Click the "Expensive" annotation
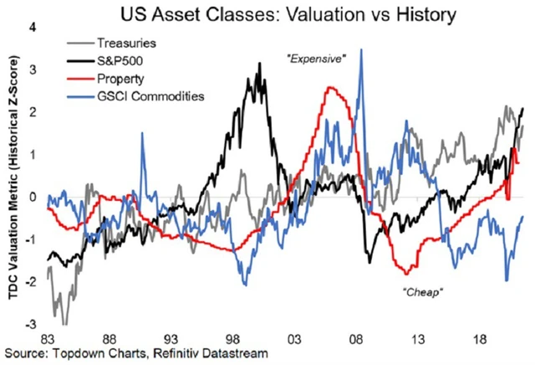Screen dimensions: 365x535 tap(316, 59)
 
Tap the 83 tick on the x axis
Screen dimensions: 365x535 tap(48, 338)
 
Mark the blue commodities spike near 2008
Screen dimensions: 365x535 tap(360, 49)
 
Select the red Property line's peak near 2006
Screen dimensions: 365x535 tap(333, 87)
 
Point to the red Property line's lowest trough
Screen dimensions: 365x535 tap(407, 273)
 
